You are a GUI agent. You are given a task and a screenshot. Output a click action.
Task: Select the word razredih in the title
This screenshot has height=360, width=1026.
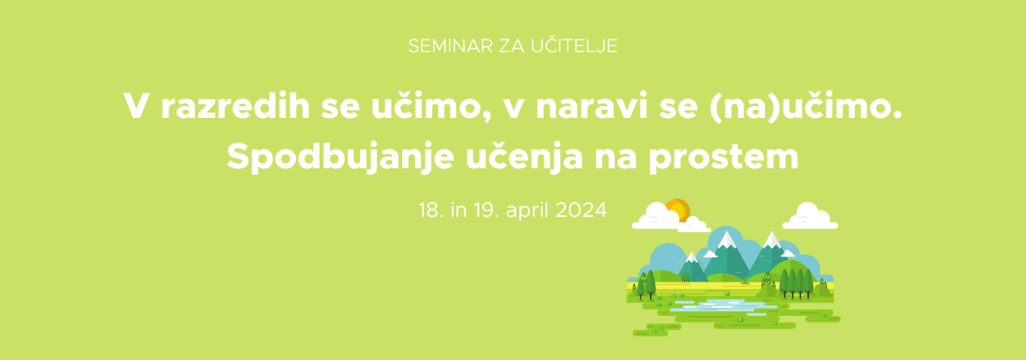[235, 106]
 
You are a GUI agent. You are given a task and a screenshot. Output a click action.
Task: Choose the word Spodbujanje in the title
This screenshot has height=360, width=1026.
[340, 157]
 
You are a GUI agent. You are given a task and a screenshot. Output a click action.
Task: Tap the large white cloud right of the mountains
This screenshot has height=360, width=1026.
[810, 216]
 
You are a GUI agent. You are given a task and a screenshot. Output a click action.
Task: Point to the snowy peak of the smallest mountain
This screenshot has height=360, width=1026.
[691, 257]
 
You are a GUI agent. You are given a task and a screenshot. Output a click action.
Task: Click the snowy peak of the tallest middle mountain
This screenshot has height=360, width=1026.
[726, 240]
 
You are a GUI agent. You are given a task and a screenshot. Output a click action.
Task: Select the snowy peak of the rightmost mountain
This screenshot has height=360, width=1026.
[773, 240]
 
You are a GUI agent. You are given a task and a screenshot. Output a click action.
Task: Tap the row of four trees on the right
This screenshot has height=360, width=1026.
[796, 283]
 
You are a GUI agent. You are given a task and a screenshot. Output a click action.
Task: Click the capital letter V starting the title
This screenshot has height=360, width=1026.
[137, 106]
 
